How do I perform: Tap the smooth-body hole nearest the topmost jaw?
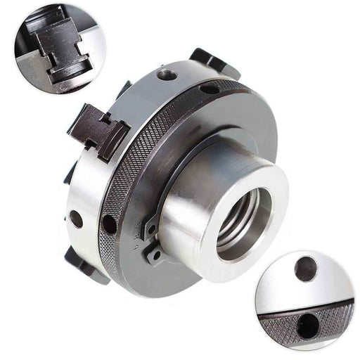(x=167, y=74)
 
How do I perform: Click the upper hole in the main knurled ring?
(x=210, y=89)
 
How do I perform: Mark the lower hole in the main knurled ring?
(x=109, y=224)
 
